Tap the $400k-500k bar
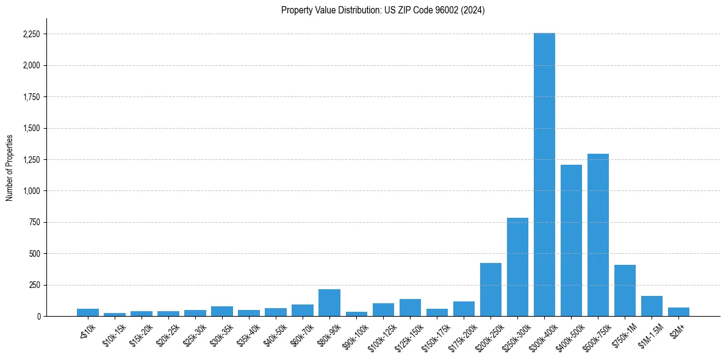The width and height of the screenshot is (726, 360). click(571, 240)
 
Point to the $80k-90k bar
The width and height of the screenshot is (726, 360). click(329, 303)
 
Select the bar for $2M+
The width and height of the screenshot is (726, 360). click(678, 312)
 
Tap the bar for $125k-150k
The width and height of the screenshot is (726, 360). click(410, 308)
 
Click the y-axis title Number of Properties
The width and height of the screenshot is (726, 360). click(10, 167)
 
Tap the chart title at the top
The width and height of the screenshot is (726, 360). click(383, 10)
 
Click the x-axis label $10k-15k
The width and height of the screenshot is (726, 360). click(115, 334)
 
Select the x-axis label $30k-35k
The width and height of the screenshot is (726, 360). click(221, 334)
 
